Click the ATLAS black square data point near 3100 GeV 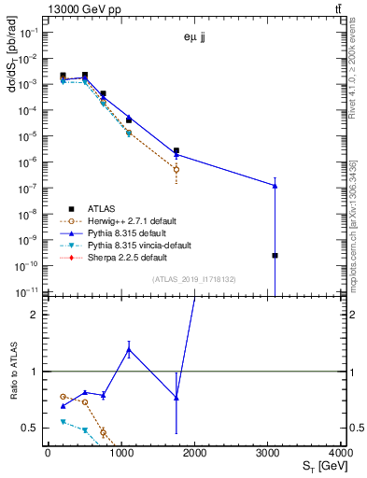pos(275,255)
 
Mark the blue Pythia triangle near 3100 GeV pos(275,186)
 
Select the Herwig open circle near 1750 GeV pos(176,169)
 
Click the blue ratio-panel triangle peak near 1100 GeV pos(128,349)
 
